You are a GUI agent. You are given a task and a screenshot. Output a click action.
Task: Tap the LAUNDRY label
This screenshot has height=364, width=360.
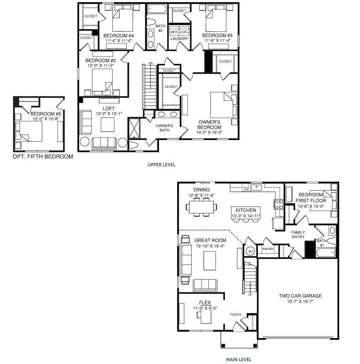pos(179,39)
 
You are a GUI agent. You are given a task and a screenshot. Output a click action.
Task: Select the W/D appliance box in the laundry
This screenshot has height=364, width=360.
pos(174,31)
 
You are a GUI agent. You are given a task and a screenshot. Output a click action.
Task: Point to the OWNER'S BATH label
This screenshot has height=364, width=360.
pos(165,128)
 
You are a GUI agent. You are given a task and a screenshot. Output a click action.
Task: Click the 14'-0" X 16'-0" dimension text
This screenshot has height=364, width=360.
pos(209,133)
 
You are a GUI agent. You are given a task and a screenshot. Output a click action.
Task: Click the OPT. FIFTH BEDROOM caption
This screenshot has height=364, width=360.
pos(43,156)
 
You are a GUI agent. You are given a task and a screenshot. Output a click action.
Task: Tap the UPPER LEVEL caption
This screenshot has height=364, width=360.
pos(162,165)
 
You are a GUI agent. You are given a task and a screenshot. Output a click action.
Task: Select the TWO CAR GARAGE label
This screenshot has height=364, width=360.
pos(300,296)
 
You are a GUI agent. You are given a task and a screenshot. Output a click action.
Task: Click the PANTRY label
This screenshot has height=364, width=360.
pos(268,249)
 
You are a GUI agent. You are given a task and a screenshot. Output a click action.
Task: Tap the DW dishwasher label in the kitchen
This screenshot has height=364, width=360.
pos(246,190)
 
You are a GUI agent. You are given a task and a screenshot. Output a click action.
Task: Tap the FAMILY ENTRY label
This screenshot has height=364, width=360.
pos(298,234)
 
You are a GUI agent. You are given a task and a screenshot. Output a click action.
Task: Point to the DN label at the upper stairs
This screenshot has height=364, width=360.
pos(151,63)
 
